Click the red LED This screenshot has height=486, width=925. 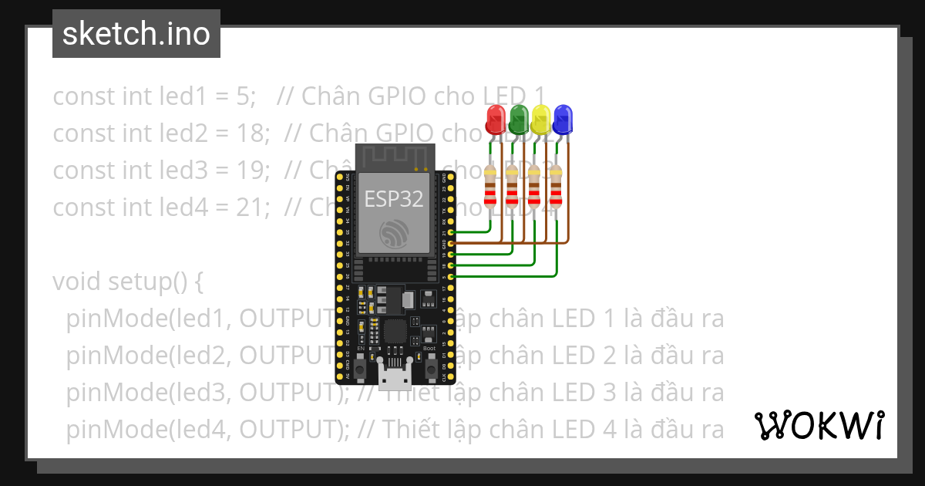(495, 119)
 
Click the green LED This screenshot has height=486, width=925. (518, 119)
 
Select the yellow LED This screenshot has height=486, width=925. (541, 119)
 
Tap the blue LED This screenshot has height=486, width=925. (563, 119)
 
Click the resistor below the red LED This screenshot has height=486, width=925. (490, 189)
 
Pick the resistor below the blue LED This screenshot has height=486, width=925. (557, 189)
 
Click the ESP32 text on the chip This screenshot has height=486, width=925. (393, 199)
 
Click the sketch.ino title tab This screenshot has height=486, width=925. (136, 34)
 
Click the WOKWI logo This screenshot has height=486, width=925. (819, 425)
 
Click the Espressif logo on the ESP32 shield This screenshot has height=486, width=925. (394, 234)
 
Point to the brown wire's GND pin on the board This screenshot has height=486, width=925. (450, 243)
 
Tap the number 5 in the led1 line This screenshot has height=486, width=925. (244, 96)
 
